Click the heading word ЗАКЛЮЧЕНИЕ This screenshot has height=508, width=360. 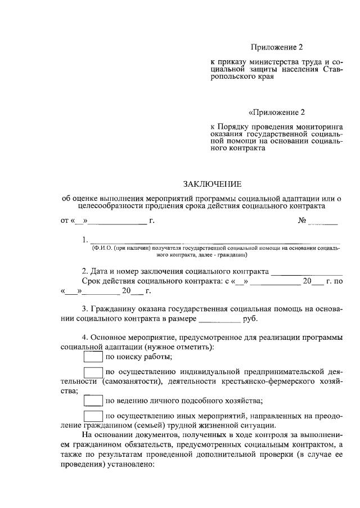tap(211, 184)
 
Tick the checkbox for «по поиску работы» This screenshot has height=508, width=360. tap(93, 357)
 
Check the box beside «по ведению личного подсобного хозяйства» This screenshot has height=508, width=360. tap(93, 401)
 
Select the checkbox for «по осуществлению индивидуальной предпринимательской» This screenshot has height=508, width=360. tap(93, 372)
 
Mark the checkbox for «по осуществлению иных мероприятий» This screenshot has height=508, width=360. tap(93, 416)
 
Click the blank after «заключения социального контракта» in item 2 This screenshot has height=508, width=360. tap(307, 272)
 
